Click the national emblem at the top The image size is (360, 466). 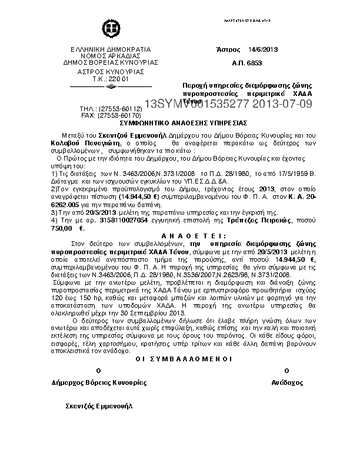tap(111, 28)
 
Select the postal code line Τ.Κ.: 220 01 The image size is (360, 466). tap(111, 78)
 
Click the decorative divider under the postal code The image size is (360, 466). tap(111, 86)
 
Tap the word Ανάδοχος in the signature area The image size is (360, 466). tap(286, 382)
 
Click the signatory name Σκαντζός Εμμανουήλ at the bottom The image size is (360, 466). tap(99, 406)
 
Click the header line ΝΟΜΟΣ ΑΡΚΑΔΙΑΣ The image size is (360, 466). tap(111, 55)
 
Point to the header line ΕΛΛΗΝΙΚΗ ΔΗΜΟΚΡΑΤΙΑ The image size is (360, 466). tap(111, 49)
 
